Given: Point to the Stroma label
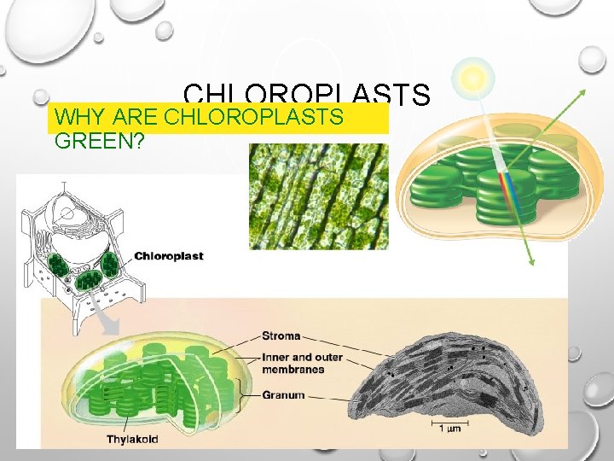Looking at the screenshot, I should (x=281, y=336).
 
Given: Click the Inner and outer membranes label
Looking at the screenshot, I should (x=293, y=363).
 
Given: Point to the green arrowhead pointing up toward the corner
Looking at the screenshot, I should (x=583, y=91).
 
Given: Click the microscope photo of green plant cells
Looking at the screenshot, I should (x=318, y=196).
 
